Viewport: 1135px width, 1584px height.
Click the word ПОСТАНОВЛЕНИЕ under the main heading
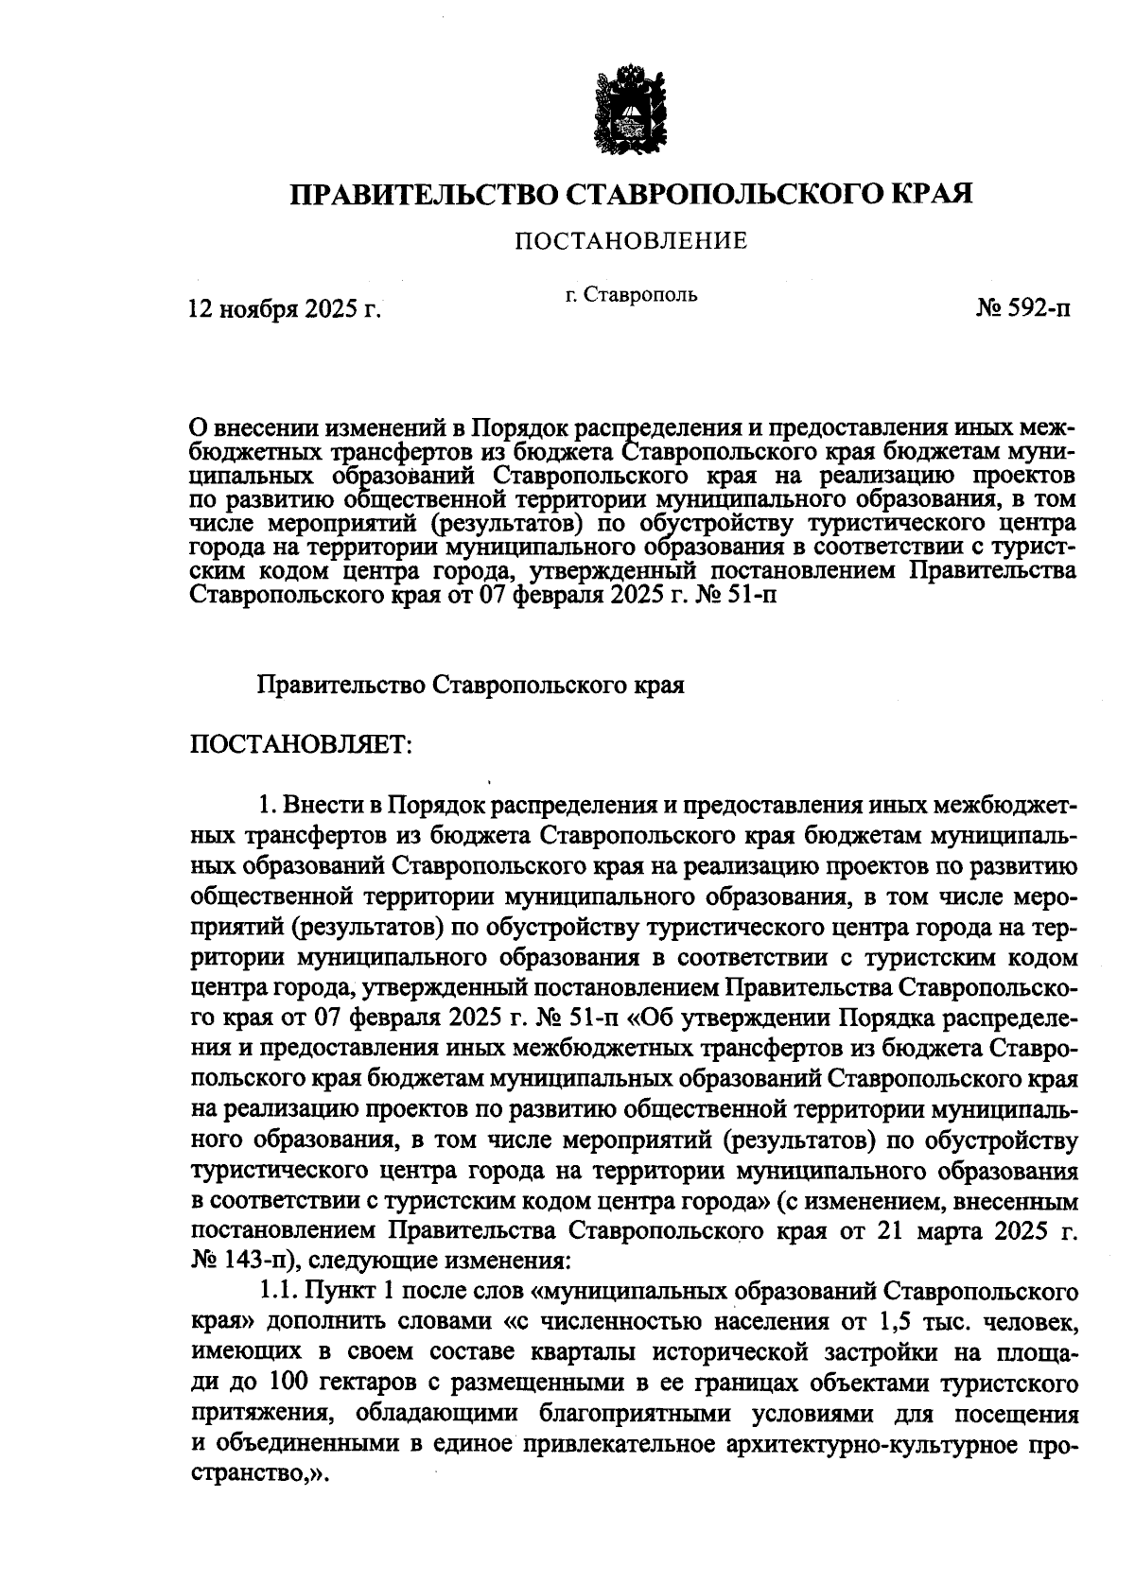coord(631,241)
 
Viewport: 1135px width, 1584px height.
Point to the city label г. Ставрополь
coord(631,294)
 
